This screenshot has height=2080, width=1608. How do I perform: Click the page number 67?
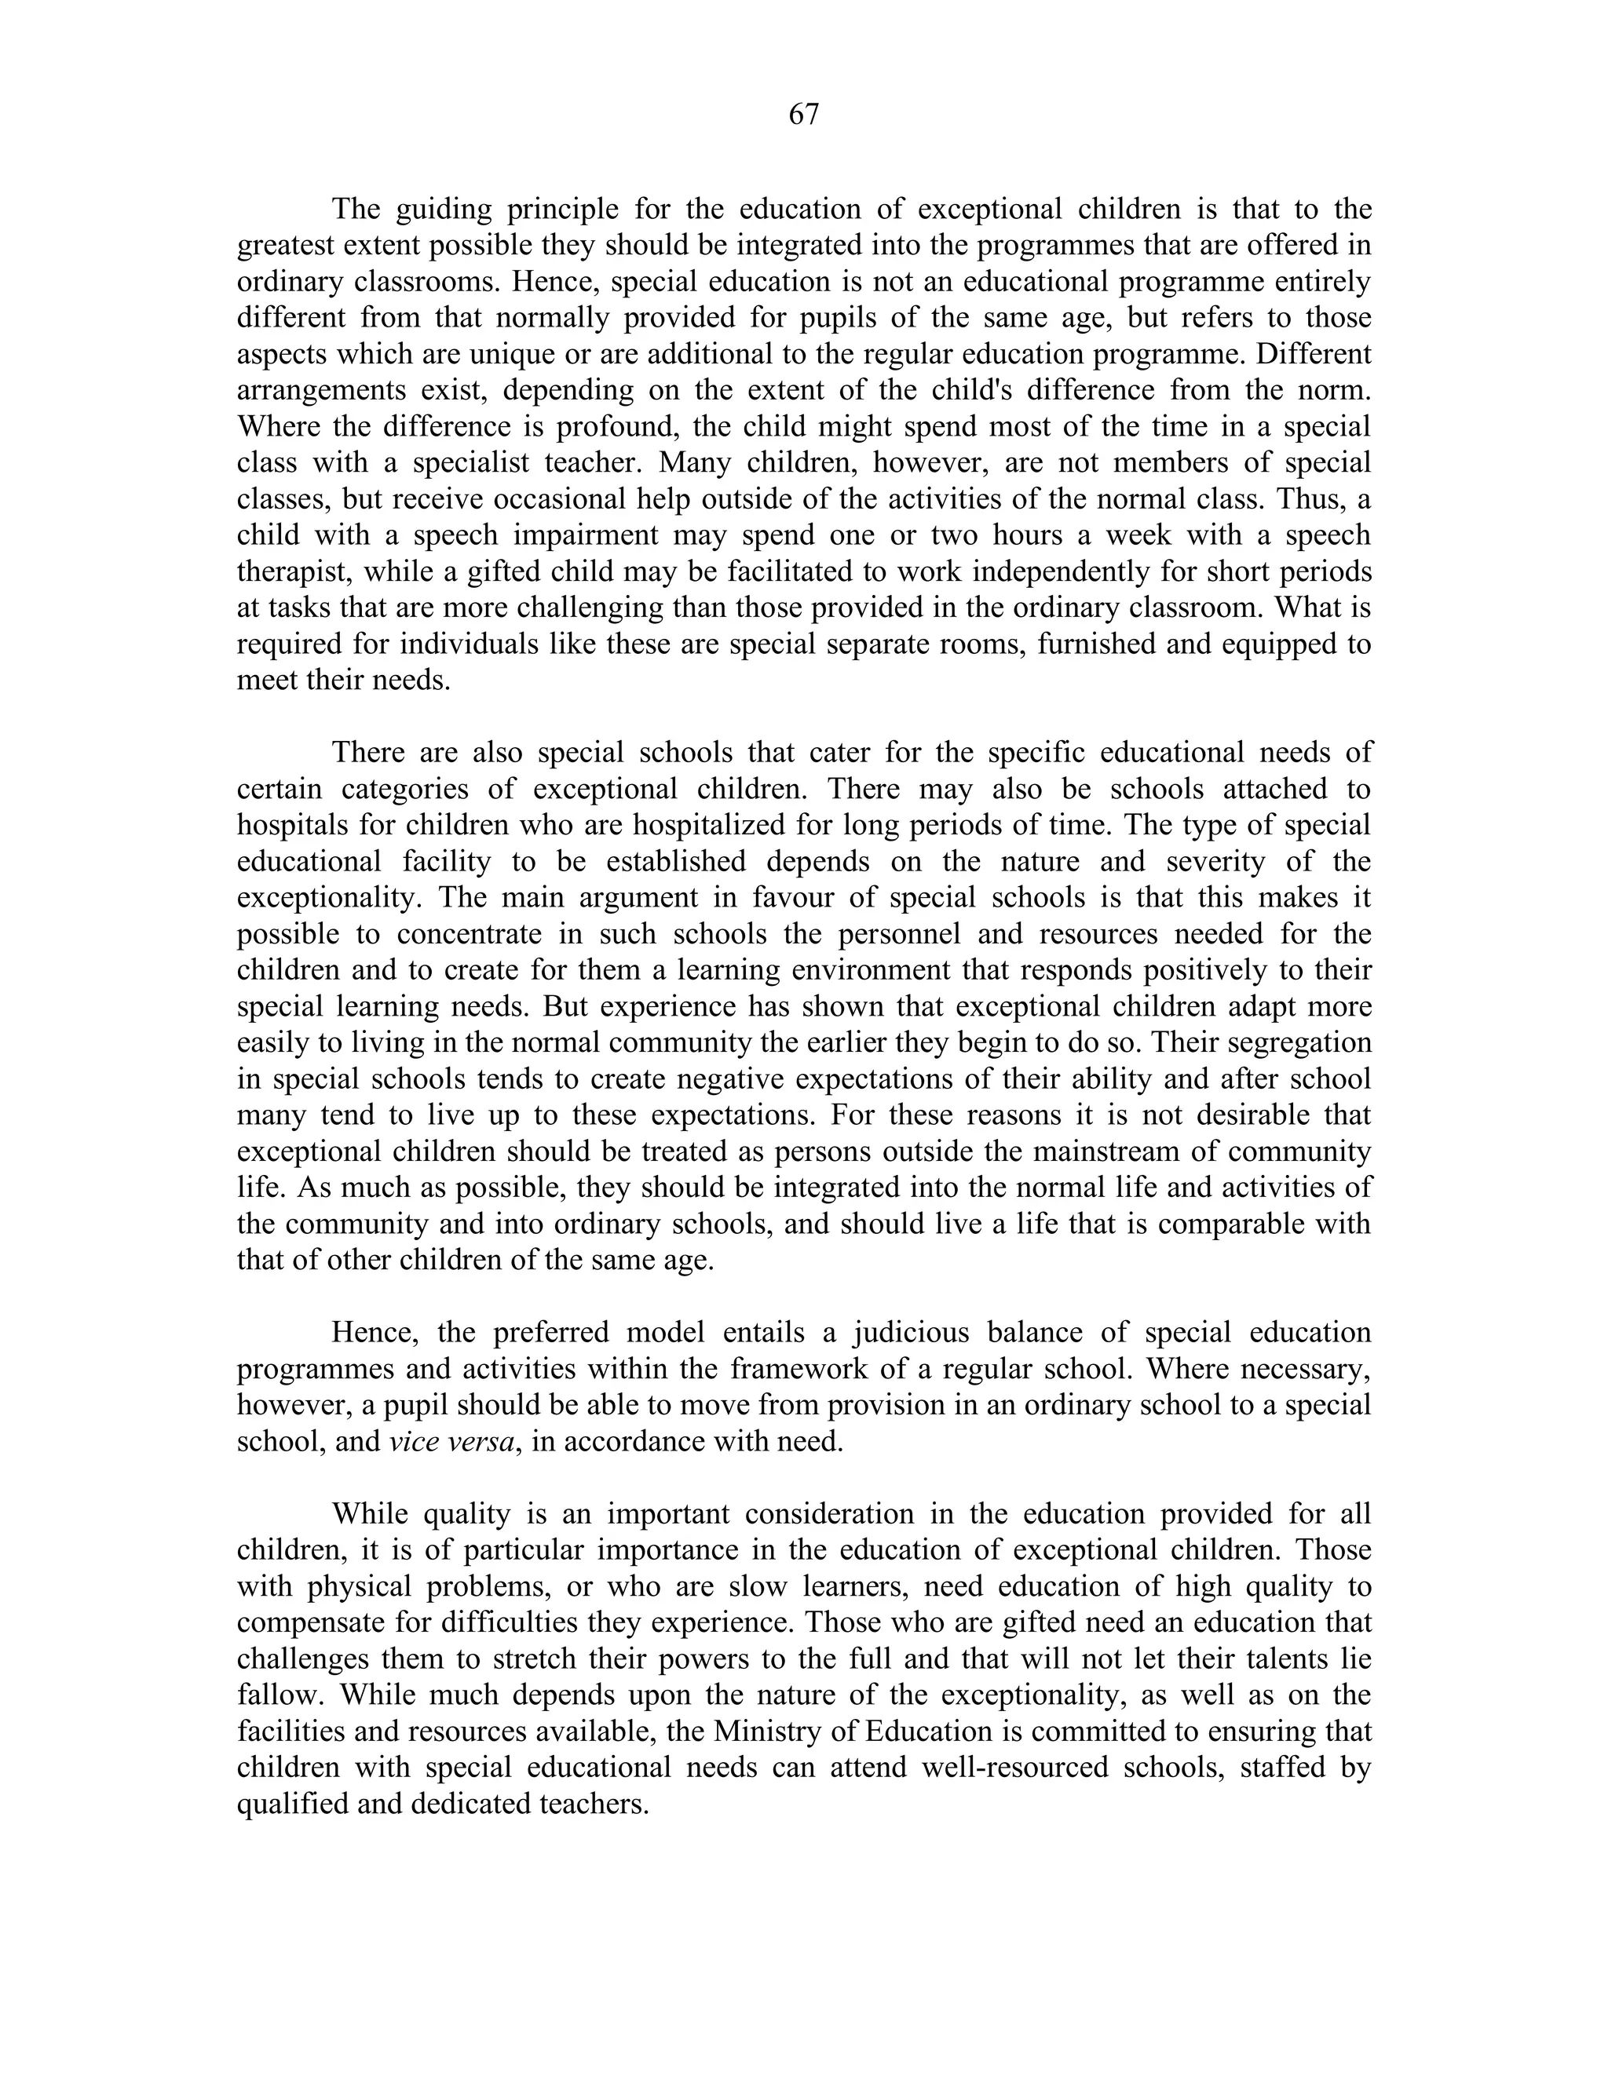click(x=803, y=115)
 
